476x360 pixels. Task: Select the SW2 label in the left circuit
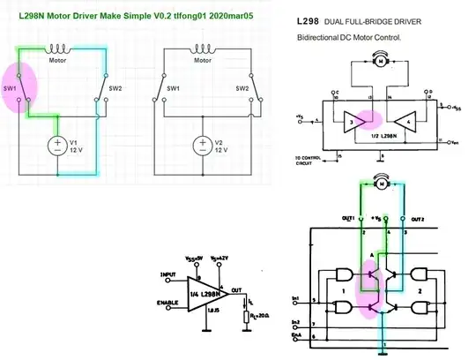click(x=115, y=88)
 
